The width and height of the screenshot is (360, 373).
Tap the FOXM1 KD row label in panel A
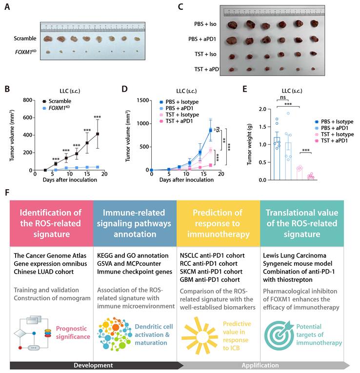pos(23,50)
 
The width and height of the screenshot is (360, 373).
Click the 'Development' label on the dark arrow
pos(93,365)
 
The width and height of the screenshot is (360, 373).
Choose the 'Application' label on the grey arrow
pos(265,365)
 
